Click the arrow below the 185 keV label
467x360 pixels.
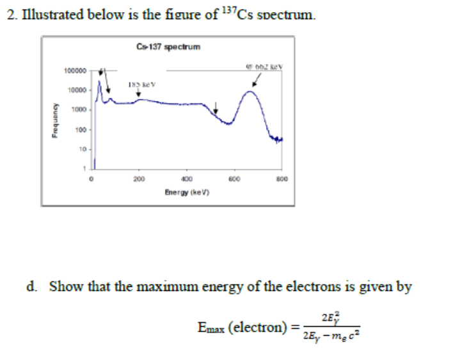[139, 93]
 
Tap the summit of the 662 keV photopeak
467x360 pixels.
[250, 92]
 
